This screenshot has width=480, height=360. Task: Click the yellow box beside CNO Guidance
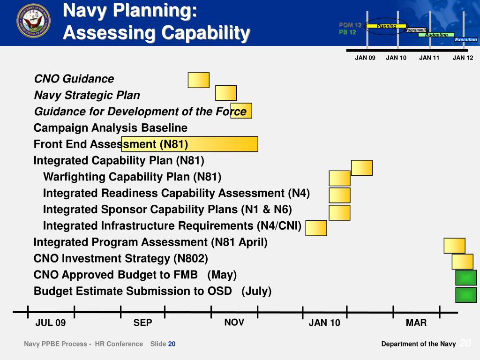pyautogui.click(x=198, y=80)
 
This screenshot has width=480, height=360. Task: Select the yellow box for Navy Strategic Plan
pyautogui.click(x=226, y=93)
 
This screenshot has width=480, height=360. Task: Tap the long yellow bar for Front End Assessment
pyautogui.click(x=189, y=144)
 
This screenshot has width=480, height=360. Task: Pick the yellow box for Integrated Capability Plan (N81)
pyautogui.click(x=361, y=168)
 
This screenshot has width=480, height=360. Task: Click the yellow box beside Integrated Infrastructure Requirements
pyautogui.click(x=316, y=228)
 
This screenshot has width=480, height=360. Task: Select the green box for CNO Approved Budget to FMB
pyautogui.click(x=465, y=277)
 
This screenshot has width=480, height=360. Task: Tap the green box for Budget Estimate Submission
pyautogui.click(x=465, y=295)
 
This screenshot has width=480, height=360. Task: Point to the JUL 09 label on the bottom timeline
pyautogui.click(x=51, y=323)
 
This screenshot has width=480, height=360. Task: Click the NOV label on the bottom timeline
pyautogui.click(x=234, y=322)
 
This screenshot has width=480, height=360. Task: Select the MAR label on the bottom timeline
pyautogui.click(x=416, y=323)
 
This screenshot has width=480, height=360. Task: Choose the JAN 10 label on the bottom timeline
pyautogui.click(x=324, y=323)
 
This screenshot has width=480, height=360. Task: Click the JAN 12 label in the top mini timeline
pyautogui.click(x=463, y=58)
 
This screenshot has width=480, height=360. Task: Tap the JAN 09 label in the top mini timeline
pyautogui.click(x=365, y=58)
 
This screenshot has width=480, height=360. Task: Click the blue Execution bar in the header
pyautogui.click(x=465, y=40)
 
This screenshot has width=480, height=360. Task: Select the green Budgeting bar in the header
pyautogui.click(x=436, y=35)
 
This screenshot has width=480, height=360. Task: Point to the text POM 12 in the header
pyautogui.click(x=350, y=25)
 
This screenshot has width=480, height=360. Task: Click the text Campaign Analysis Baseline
pyautogui.click(x=110, y=128)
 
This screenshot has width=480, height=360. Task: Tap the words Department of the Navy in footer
pyautogui.click(x=418, y=344)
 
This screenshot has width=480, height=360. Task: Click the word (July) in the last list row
pyautogui.click(x=256, y=291)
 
